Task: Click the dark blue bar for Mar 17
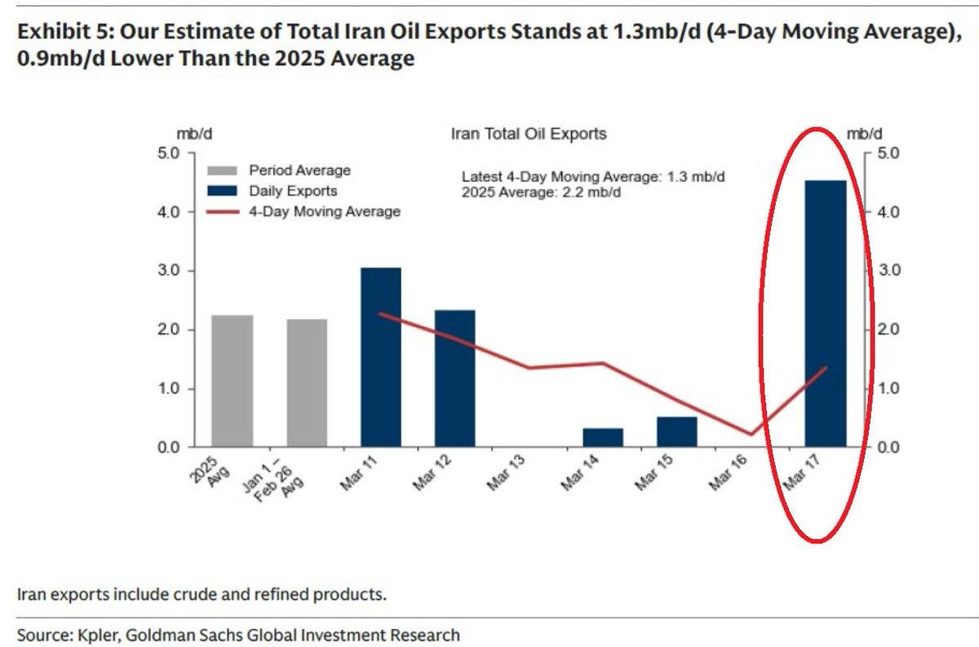coord(826,314)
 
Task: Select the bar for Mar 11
coord(381,357)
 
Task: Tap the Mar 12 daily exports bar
coord(454,379)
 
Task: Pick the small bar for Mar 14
coord(603,437)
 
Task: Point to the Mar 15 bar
coord(676,432)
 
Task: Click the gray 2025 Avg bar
coord(233,381)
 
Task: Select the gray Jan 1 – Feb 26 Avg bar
coord(307,383)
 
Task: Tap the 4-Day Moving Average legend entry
coord(303,211)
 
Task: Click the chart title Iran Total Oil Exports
coord(529,133)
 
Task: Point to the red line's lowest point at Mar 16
coord(751,434)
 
